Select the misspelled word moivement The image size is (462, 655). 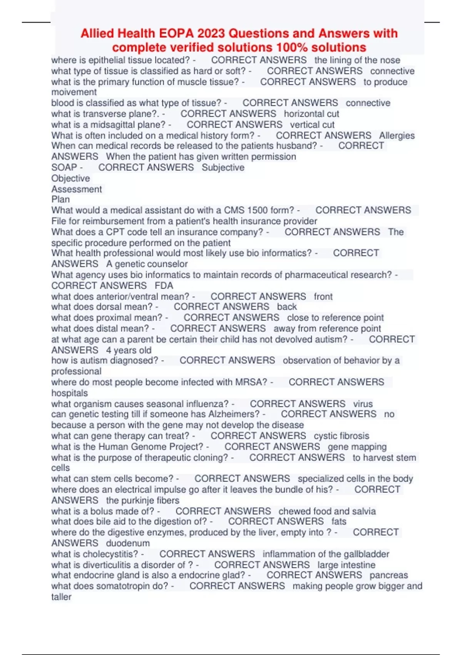[74, 92]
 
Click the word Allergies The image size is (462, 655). [397, 136]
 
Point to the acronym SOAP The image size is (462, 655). [64, 168]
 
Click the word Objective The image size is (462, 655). [70, 178]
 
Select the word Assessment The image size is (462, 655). [77, 189]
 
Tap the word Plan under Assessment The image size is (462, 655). [60, 200]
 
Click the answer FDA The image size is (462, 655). [164, 286]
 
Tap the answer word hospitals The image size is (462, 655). [69, 393]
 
